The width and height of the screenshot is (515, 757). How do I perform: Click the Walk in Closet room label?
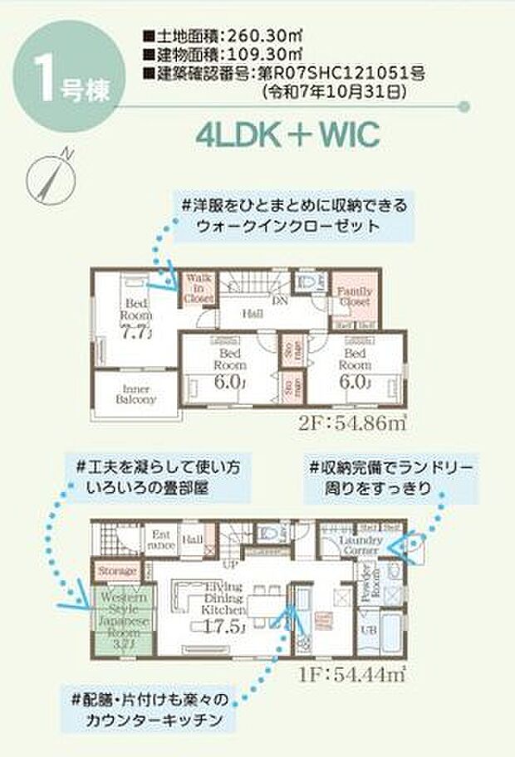(199, 286)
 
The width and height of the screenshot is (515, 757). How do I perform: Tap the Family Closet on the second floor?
(355, 296)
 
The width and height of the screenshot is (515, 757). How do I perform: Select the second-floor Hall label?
(253, 315)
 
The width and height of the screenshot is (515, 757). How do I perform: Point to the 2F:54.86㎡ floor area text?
(353, 424)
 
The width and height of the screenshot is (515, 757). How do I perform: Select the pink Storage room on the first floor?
(117, 571)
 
